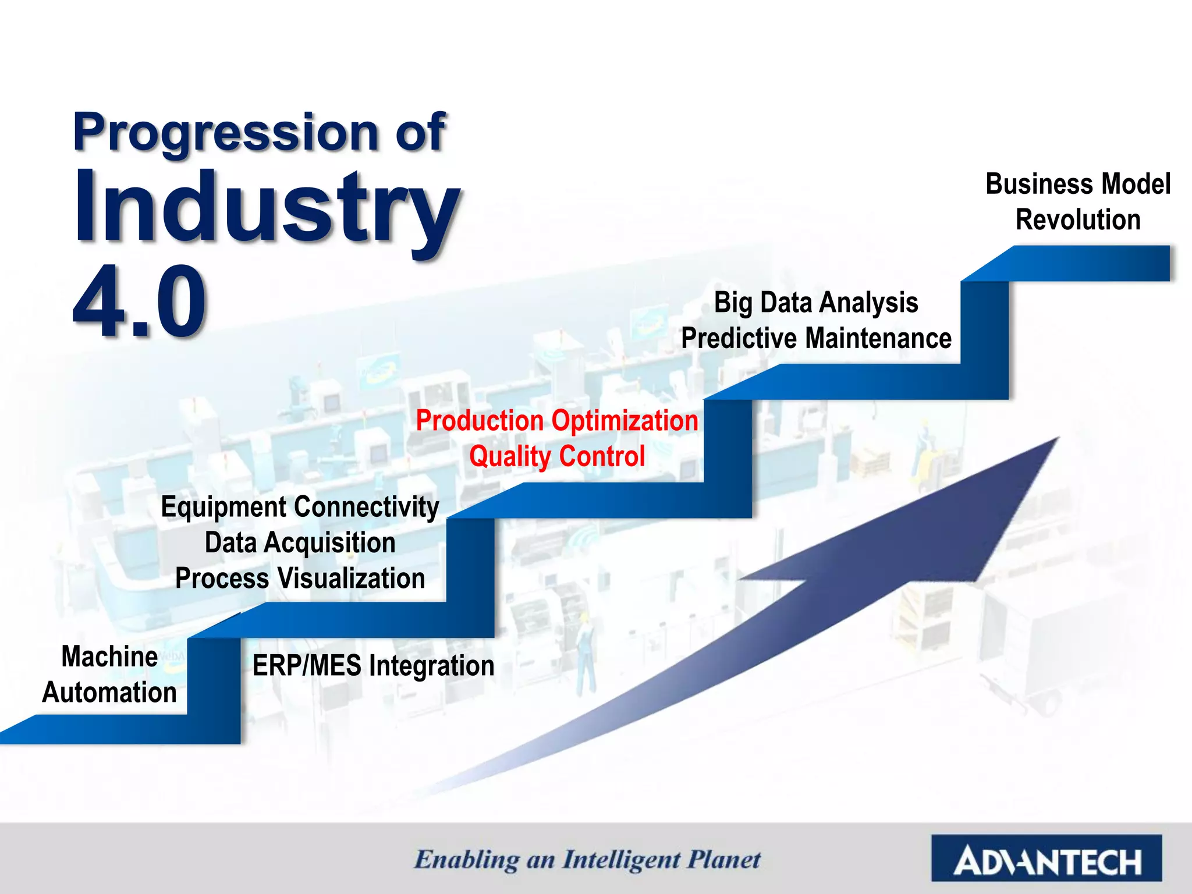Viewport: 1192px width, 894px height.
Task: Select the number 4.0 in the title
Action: pos(140,301)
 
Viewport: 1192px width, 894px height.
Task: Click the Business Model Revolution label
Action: pos(1078,201)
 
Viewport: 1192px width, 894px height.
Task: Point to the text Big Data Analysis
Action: pos(816,303)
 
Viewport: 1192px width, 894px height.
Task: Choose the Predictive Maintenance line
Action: pos(816,339)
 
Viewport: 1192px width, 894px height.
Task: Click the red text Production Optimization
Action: pos(557,421)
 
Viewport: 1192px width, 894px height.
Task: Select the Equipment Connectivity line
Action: pos(300,507)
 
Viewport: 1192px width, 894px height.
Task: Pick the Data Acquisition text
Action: pos(300,543)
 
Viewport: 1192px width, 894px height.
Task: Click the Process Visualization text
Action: pos(300,579)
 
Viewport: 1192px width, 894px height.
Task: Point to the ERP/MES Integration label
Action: pos(373,666)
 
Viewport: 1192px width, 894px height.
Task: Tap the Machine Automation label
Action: pos(109,675)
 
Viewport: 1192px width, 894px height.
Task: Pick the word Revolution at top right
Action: pos(1078,220)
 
